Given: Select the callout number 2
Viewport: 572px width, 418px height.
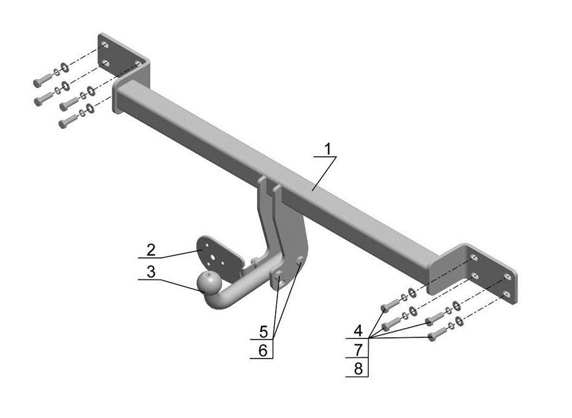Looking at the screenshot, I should tap(150, 249).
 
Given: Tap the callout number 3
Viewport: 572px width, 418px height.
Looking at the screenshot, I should tap(150, 270).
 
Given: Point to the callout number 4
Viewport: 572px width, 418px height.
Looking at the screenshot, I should tap(357, 330).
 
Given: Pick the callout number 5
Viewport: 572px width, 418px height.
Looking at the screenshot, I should tap(263, 332).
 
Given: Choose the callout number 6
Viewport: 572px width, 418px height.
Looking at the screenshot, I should tap(263, 351).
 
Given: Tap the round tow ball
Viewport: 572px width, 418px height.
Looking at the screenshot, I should tap(209, 281).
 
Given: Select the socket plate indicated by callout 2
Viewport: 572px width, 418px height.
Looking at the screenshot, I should tap(215, 251).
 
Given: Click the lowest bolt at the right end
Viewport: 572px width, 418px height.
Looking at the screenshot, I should tap(433, 336).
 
